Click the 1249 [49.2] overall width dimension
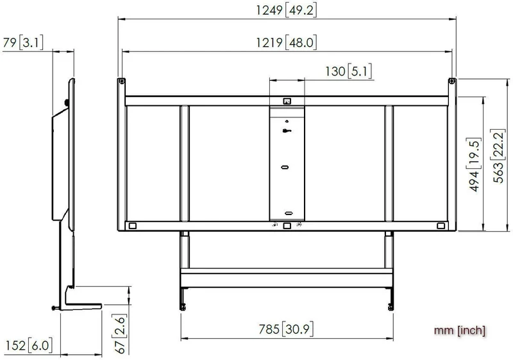point(286,10)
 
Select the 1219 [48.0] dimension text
point(286,42)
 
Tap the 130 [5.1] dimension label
point(349,71)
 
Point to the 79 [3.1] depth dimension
point(23,42)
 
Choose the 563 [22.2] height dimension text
point(498,156)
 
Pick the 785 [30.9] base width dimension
point(286,329)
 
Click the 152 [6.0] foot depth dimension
point(29,346)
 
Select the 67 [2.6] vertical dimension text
point(119,334)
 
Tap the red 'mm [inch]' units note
point(460,330)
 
